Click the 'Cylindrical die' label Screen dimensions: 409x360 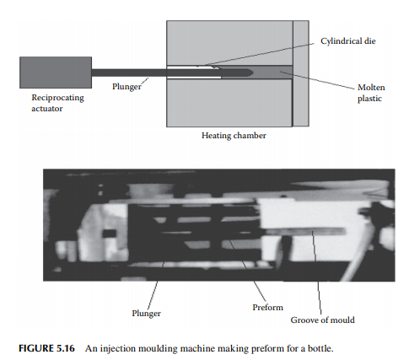coord(348,41)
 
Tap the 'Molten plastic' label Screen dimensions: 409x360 coord(371,93)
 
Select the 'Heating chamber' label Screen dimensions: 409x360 coord(234,136)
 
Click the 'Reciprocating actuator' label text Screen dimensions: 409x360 coord(57,103)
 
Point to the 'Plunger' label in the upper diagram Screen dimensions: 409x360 coord(126,86)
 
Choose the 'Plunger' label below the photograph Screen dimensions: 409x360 coord(147,313)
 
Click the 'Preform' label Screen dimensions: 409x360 coord(267,307)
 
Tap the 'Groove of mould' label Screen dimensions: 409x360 coord(322,320)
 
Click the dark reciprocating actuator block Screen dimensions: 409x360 coord(56,73)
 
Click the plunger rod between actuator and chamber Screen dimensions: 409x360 coord(129,73)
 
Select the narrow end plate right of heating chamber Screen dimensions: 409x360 coord(301,73)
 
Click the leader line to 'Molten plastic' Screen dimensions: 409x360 coord(317,80)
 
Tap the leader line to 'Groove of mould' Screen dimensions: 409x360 coord(316,272)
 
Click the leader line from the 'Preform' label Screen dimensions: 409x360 coord(246,271)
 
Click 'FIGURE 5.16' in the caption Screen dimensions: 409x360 coord(46,348)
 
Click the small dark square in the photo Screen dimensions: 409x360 coord(110,234)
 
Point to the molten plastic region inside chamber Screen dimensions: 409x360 coord(272,73)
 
